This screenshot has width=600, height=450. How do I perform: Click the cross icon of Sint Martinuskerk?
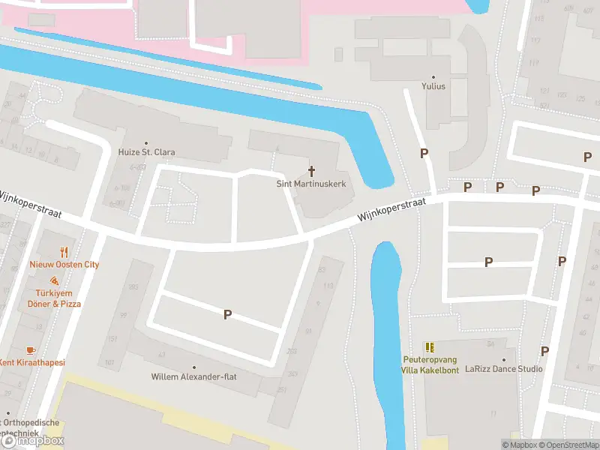tap(311, 172)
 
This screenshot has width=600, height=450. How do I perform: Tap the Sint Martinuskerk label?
tap(311, 184)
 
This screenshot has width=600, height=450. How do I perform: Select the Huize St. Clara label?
tap(146, 152)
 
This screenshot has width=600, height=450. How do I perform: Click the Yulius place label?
tap(433, 86)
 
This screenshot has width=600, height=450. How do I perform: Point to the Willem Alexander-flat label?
tap(193, 376)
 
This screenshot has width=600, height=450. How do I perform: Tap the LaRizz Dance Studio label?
tap(504, 369)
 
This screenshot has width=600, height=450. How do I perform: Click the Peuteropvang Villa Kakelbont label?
tap(430, 364)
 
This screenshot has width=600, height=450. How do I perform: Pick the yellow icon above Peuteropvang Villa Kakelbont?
tap(430, 347)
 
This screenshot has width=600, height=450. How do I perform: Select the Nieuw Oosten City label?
tap(64, 265)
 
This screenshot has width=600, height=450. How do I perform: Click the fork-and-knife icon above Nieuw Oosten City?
tap(64, 253)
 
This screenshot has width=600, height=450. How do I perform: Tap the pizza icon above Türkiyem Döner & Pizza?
tap(55, 280)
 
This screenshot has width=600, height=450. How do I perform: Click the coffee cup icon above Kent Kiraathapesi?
tap(30, 350)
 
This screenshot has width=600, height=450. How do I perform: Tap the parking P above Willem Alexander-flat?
tap(227, 315)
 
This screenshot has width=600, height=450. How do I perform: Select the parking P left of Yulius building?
tap(424, 153)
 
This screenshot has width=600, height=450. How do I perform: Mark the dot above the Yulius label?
tap(433, 76)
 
